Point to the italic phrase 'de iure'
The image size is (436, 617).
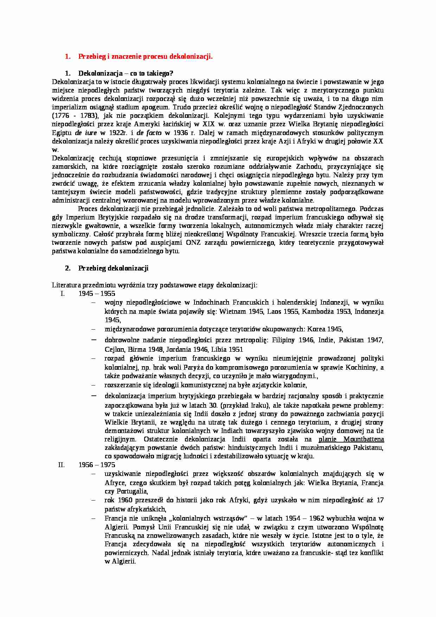84,133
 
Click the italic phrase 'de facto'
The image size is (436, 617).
149,133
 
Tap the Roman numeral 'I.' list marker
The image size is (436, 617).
63,294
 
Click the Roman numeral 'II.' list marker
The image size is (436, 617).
62,465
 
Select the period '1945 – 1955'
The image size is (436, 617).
97,294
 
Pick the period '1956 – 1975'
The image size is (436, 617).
97,465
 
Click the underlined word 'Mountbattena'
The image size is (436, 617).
364,439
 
